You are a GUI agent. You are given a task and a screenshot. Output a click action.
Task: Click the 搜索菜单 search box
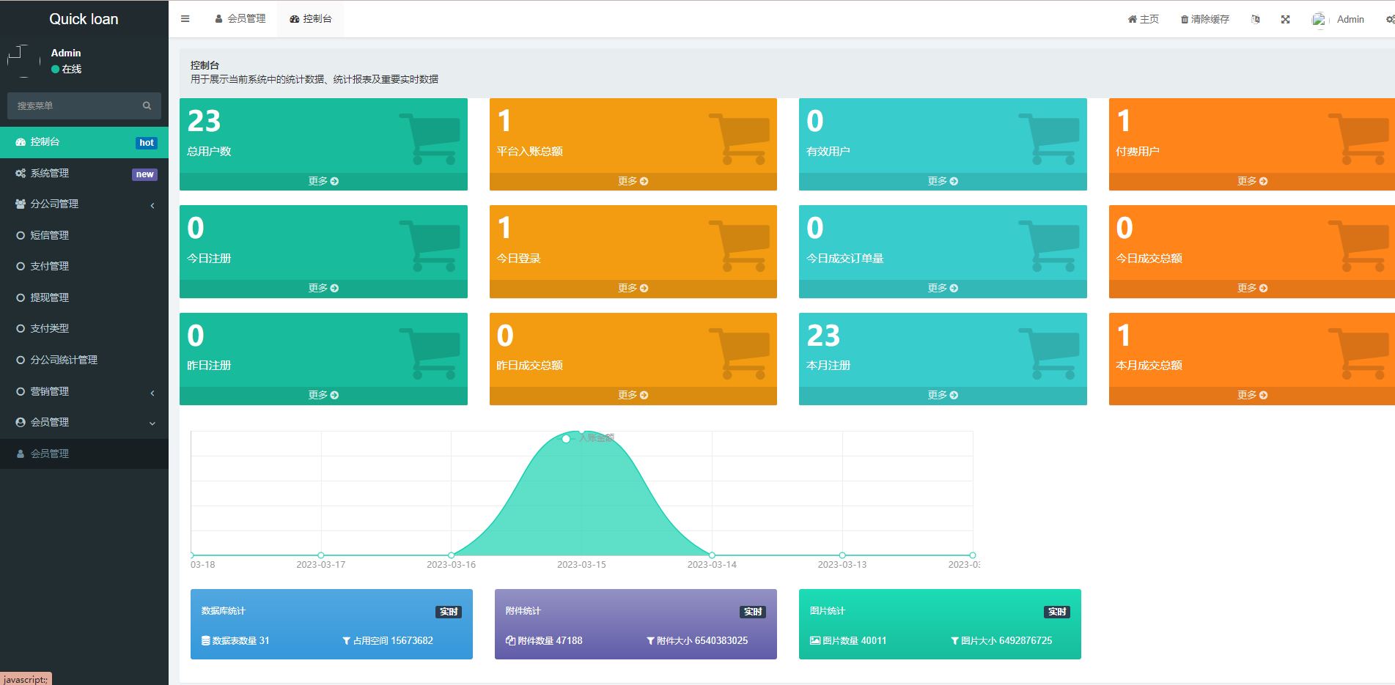click(77, 105)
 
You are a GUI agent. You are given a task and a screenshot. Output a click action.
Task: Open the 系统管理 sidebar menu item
click(50, 173)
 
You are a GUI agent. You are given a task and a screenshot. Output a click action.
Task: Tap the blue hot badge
click(147, 143)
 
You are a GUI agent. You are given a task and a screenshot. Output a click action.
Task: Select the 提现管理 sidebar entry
click(50, 297)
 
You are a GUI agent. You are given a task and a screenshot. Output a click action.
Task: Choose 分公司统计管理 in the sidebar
click(64, 360)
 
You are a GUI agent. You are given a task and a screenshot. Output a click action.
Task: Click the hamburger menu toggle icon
click(185, 19)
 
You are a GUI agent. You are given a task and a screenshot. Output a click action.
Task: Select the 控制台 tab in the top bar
click(311, 19)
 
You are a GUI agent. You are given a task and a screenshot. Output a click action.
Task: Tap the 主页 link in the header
click(1144, 19)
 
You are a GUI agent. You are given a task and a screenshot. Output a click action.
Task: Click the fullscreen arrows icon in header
click(1285, 19)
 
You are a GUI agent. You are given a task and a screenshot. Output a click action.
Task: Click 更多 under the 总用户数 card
click(323, 181)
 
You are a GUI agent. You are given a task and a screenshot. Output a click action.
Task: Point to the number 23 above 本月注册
click(823, 336)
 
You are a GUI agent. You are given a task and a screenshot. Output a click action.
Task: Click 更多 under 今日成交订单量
click(943, 288)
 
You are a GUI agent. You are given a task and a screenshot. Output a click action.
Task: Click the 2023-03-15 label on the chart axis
click(581, 565)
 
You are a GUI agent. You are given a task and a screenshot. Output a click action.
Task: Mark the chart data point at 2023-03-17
click(321, 555)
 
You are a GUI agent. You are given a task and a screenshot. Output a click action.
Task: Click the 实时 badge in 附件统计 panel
click(753, 612)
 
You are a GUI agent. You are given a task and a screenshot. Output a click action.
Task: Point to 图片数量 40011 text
click(848, 640)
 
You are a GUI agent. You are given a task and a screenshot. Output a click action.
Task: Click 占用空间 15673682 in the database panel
click(388, 640)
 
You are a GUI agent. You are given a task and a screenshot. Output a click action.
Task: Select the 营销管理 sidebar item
click(50, 391)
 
